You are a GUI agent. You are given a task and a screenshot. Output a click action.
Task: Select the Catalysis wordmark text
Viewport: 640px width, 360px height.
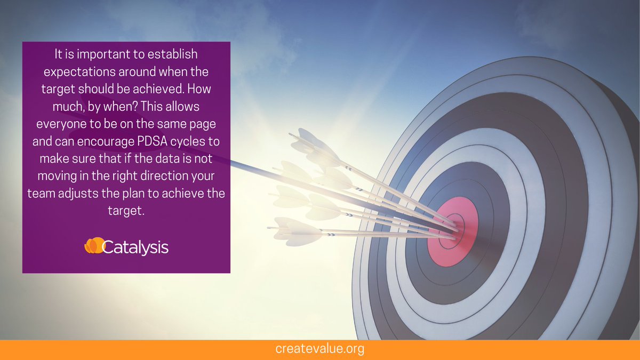tap(134, 247)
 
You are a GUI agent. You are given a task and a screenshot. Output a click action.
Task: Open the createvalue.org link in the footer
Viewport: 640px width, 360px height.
tap(320, 349)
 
